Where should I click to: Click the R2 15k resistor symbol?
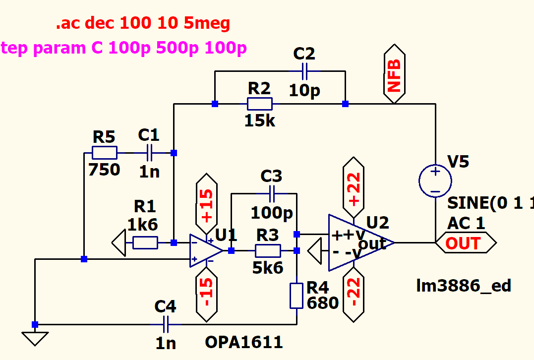[x=259, y=104]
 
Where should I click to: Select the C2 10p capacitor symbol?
[x=304, y=71]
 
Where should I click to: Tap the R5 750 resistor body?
[x=105, y=153]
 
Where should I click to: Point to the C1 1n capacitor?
[x=149, y=153]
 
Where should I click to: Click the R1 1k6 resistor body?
[x=145, y=242]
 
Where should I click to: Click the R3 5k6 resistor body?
[x=268, y=250]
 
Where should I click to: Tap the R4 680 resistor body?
[x=297, y=296]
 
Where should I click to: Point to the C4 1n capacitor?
[x=166, y=325]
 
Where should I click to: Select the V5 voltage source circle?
[x=435, y=181]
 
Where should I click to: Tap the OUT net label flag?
[x=465, y=243]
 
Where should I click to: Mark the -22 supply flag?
[x=355, y=293]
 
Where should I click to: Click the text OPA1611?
[x=244, y=342]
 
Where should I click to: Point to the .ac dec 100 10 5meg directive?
[x=143, y=23]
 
